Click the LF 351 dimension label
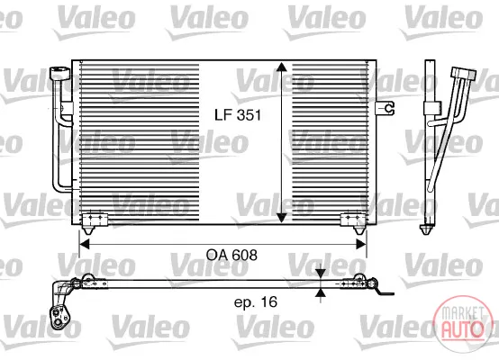238,115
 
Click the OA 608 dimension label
231,255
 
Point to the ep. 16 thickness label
256,301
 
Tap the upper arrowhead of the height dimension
281,67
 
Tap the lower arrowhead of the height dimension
281,218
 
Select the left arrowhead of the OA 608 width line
84,244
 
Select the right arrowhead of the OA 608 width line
361,244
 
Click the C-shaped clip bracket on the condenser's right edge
386,108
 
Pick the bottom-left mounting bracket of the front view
95,222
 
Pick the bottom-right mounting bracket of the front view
353,222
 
